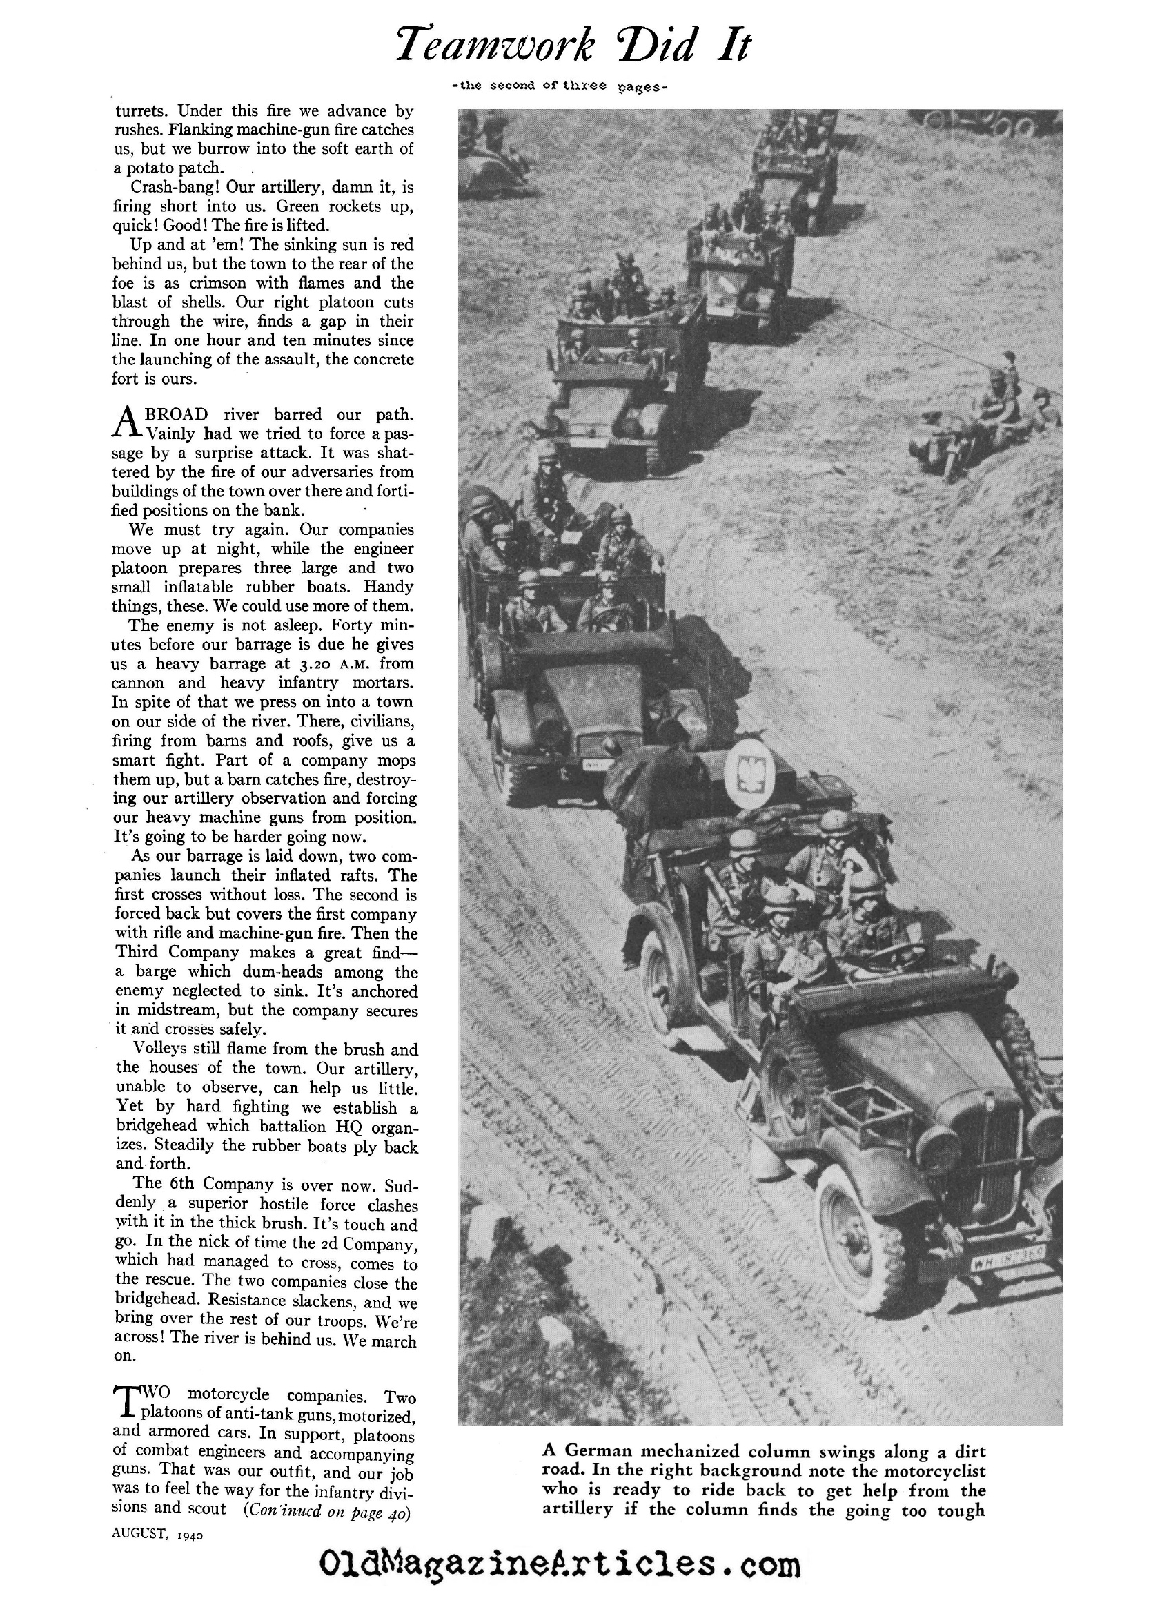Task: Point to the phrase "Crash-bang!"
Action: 166,187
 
